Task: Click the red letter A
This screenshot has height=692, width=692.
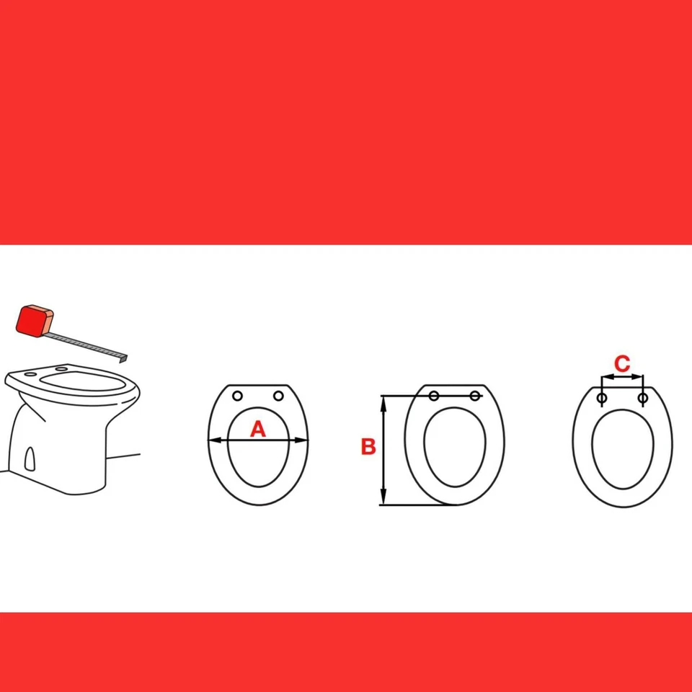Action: [x=258, y=430]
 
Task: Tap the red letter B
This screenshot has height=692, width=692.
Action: [x=368, y=447]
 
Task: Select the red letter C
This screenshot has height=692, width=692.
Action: [x=622, y=363]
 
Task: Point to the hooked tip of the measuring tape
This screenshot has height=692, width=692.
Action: [x=125, y=357]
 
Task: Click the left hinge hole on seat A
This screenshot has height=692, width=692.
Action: [x=238, y=396]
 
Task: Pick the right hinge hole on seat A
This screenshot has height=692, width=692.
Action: [x=278, y=396]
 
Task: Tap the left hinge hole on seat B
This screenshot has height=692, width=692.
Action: [x=434, y=396]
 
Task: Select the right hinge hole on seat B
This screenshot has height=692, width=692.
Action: [x=475, y=396]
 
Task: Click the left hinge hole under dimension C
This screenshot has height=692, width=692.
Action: [x=602, y=397]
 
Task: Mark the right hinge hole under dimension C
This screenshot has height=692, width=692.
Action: [x=642, y=397]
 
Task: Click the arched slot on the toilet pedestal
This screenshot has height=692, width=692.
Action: [x=30, y=458]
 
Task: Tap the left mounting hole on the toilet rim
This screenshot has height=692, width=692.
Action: [x=30, y=375]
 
